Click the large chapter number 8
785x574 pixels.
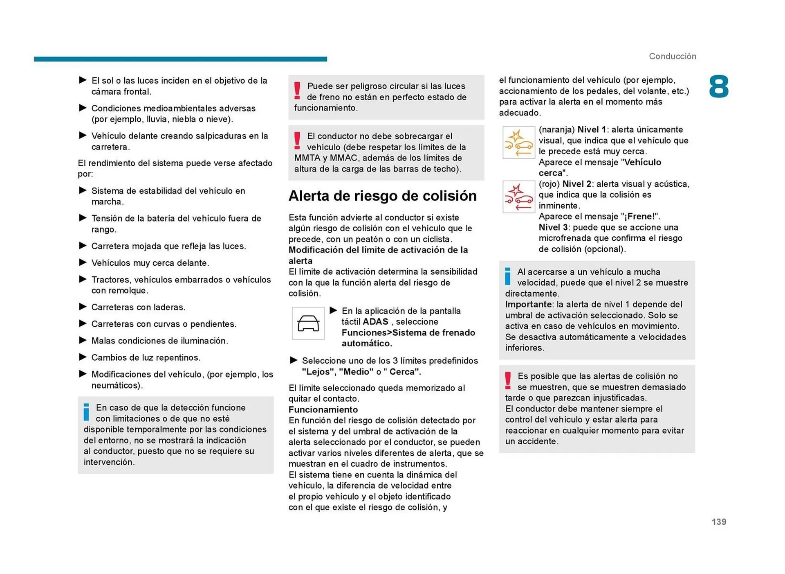718,86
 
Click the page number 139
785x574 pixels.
718,522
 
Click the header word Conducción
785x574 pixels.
672,56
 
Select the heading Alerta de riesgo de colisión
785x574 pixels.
382,196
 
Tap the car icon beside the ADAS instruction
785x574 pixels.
308,323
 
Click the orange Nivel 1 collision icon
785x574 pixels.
518,142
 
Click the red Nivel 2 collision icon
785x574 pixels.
518,197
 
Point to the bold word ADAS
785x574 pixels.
375,322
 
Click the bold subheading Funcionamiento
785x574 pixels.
323,409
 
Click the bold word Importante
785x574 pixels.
528,304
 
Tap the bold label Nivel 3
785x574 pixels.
553,227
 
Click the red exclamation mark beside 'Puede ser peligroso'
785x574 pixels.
297,90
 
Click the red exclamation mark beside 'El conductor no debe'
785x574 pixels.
297,140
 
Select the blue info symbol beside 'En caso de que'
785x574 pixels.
86,412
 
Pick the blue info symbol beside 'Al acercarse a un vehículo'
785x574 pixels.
507,276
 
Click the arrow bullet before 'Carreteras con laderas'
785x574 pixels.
83,307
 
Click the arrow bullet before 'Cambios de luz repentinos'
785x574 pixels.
83,357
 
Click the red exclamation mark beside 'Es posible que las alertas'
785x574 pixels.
508,380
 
